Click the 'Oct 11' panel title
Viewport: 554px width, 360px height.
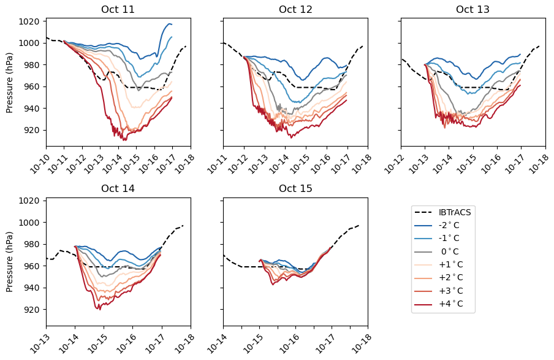118,9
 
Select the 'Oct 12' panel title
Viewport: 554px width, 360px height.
295,9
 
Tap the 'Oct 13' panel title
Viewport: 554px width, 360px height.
472,9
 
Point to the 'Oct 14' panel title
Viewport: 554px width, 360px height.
118,188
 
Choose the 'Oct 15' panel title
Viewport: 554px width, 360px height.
295,188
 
